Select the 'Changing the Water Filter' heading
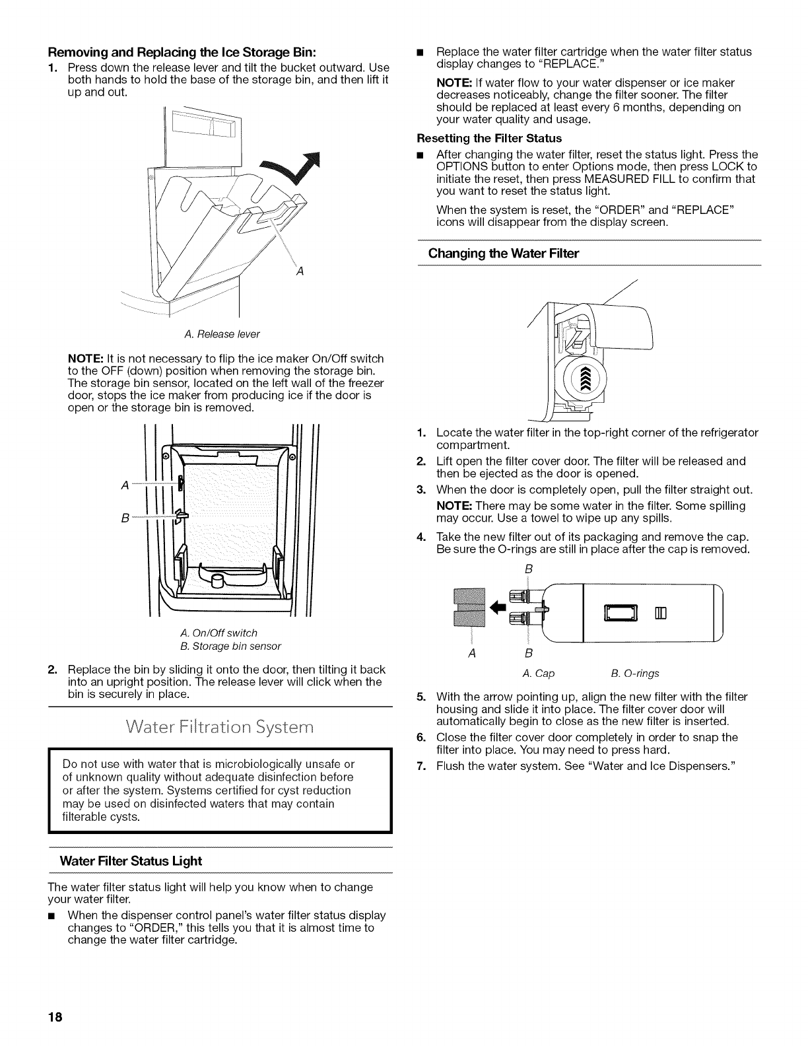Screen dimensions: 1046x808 [x=504, y=253]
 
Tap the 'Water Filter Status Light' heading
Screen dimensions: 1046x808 [x=131, y=861]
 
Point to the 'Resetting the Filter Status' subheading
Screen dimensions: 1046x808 [x=489, y=138]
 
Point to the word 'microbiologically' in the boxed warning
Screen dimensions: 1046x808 [x=255, y=764]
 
